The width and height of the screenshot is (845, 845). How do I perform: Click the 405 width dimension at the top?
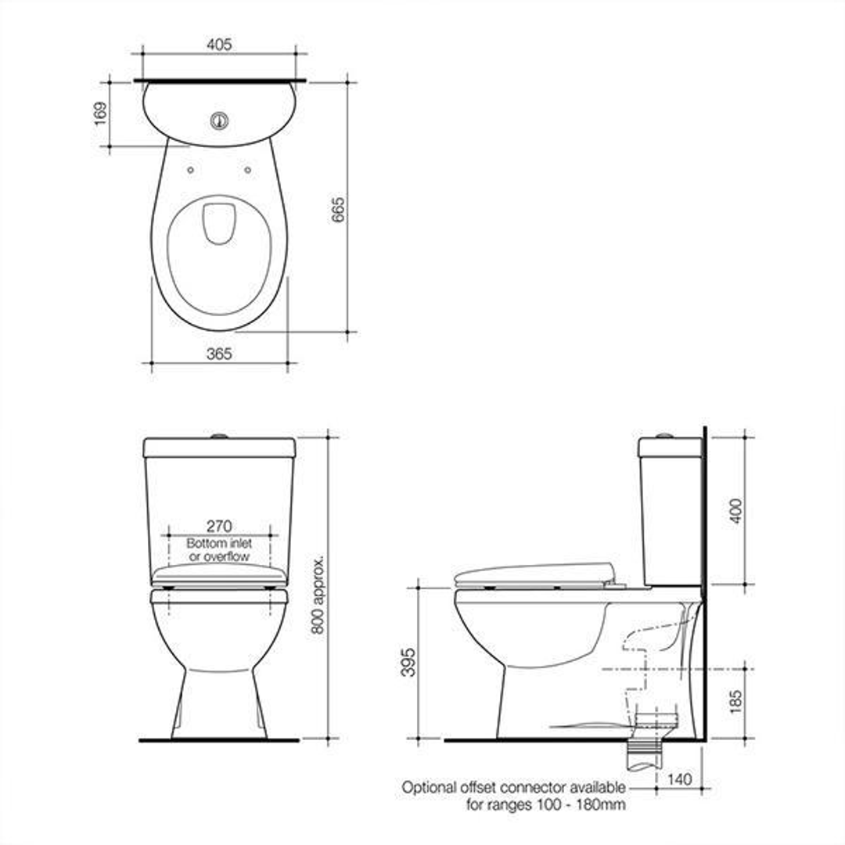(219, 45)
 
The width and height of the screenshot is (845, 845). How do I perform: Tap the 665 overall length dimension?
(338, 210)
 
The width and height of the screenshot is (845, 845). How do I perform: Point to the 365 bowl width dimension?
(219, 354)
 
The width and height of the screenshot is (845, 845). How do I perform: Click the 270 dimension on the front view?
(218, 526)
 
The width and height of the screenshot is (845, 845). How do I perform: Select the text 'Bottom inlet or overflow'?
(218, 550)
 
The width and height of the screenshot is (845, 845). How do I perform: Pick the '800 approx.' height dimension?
(318, 595)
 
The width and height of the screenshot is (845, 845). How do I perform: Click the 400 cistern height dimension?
(735, 510)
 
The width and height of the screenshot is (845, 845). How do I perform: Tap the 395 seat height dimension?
(408, 662)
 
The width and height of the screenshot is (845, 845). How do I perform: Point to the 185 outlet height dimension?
(735, 703)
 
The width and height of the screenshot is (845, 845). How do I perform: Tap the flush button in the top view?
(219, 120)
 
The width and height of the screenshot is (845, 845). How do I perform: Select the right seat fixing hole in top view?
(248, 169)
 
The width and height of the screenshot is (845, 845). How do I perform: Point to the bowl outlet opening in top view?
(218, 222)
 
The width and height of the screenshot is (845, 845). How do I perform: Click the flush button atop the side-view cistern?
(664, 434)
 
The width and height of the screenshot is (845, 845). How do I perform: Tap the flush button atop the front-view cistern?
(219, 434)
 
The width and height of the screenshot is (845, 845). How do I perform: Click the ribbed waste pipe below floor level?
(646, 755)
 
